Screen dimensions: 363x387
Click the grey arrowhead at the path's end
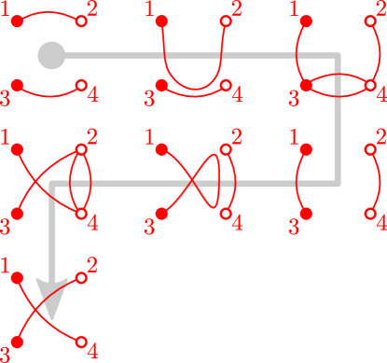[52, 297]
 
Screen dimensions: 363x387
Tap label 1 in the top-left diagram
[7, 10]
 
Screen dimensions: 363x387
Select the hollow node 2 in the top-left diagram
[80, 20]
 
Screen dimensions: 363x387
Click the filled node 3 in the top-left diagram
[17, 85]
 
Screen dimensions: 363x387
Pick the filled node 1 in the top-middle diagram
[161, 20]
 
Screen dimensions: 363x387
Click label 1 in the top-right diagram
[296, 10]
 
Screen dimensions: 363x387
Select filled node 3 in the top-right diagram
[306, 85]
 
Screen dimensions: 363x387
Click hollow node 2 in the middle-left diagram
[80, 148]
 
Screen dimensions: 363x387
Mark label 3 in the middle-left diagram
[7, 225]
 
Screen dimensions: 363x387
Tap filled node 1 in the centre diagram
[161, 148]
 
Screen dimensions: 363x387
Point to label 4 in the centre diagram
[237, 224]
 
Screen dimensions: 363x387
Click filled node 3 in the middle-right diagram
[306, 214]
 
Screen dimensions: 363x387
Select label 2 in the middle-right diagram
[380, 139]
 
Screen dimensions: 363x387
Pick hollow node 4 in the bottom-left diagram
[80, 342]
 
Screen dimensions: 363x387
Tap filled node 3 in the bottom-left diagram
[17, 342]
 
